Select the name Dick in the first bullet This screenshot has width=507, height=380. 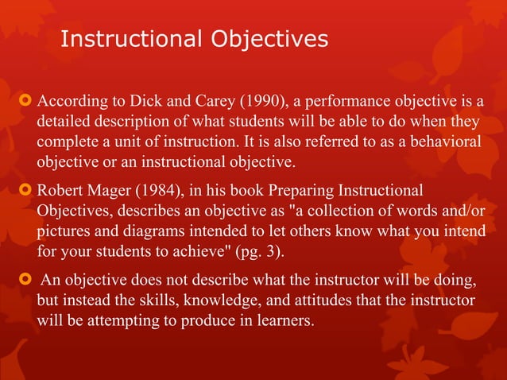153,103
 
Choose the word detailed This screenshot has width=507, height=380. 65,124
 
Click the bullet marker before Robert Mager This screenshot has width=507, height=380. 22,193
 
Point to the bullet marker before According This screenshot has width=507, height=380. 22,103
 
